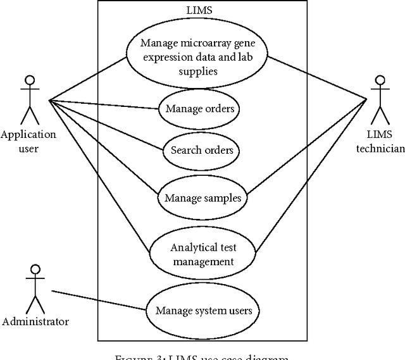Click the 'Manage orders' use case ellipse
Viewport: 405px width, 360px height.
[200, 109]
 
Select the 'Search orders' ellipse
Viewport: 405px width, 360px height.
[202, 151]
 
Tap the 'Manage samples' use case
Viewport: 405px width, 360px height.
[202, 198]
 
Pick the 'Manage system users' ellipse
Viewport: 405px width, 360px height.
[202, 310]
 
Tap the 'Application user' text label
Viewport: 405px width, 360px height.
[28, 142]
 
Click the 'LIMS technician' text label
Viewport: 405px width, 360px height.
[379, 142]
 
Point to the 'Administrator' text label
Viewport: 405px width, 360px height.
[35, 321]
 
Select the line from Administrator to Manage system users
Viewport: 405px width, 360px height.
[98, 301]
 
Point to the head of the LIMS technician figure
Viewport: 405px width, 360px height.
[379, 81]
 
